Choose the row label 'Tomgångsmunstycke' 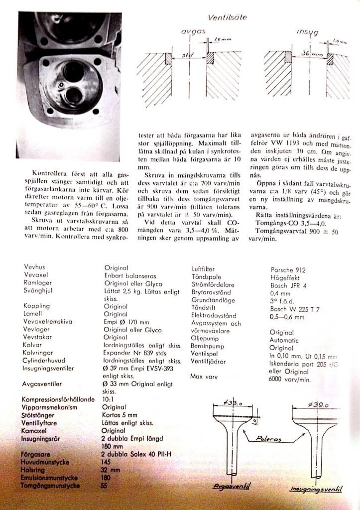coord(51,485)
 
